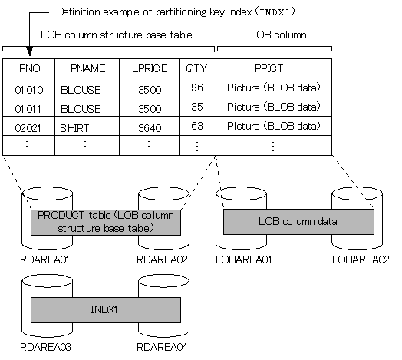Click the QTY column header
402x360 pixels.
pos(197,68)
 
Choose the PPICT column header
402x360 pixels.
pos(274,68)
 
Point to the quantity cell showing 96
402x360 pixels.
pos(197,88)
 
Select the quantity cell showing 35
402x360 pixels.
pos(197,107)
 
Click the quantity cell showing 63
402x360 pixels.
pos(197,126)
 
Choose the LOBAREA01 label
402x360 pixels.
pos(243,260)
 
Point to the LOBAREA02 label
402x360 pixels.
pos(361,260)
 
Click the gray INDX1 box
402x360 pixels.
pos(105,310)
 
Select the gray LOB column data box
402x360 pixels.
pos(298,222)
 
